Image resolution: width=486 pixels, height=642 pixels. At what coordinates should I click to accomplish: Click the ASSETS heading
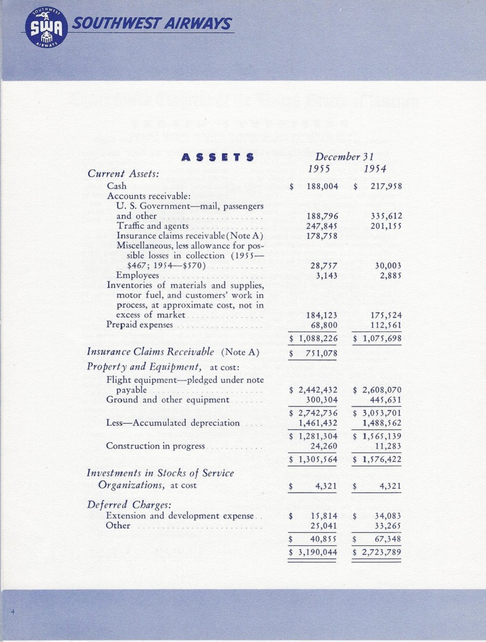point(217,157)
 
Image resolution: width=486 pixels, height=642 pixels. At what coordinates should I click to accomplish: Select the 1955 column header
point(319,169)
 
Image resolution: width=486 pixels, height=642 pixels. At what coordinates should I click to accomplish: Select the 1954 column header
point(375,169)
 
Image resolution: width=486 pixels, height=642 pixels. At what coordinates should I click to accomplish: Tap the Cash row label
point(117,186)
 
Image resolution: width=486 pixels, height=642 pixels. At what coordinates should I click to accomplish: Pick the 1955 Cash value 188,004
point(322,186)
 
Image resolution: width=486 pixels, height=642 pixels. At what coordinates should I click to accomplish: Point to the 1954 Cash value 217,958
point(386,186)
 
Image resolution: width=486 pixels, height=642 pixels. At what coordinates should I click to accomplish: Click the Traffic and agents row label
point(153,226)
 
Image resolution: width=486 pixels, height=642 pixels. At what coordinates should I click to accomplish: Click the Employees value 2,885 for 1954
point(391,276)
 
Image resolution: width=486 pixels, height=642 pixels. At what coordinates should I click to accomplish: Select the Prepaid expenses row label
point(139,325)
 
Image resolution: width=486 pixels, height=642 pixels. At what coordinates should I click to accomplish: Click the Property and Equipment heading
point(144,367)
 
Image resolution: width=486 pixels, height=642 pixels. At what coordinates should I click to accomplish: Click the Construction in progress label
point(155,446)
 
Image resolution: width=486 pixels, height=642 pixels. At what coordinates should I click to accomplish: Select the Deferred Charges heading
point(129,505)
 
